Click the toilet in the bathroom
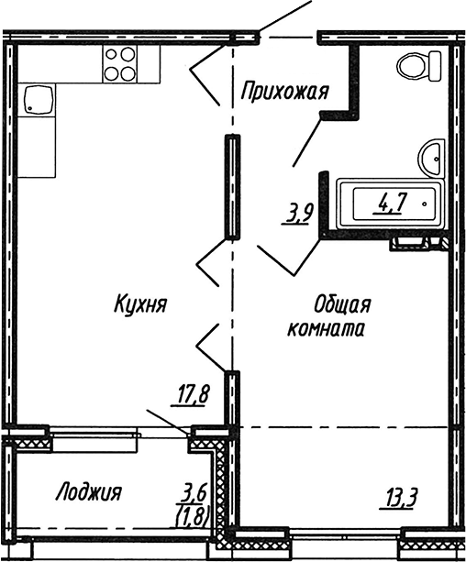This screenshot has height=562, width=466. coord(416,66)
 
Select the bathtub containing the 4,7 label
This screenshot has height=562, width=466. coord(391,204)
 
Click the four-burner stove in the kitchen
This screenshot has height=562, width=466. coord(118,63)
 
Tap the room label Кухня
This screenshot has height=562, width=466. coord(139,303)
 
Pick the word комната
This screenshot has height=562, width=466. coord(327,330)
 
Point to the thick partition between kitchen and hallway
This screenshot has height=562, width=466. coord(232,187)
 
